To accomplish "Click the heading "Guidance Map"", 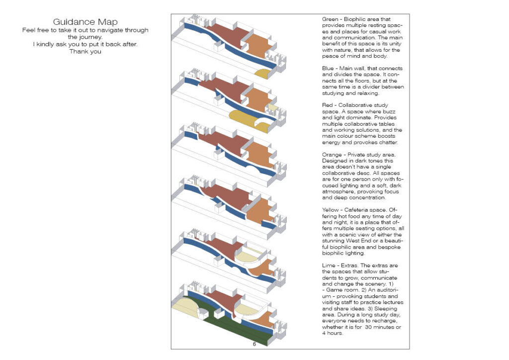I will click(x=85, y=22).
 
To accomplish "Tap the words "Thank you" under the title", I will click(x=85, y=51).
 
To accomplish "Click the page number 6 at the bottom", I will click(x=254, y=344).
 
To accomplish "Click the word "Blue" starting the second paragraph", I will click(x=329, y=68).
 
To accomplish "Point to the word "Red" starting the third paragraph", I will click(x=328, y=105).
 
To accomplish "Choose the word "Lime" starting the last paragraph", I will click(x=329, y=265).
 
